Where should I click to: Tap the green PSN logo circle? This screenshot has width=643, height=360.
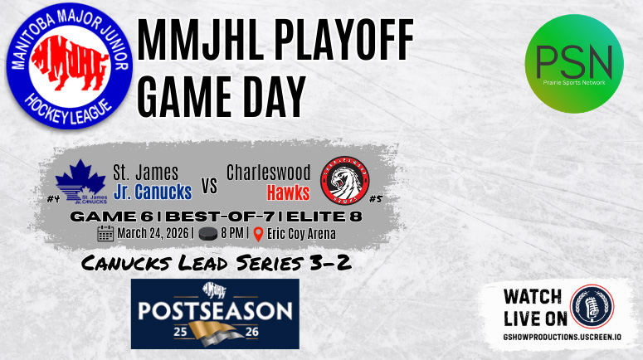coord(574,67)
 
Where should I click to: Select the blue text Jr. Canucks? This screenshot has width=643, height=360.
coord(152,192)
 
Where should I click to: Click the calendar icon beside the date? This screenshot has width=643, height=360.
coord(105,233)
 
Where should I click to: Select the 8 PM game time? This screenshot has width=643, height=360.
coord(233,233)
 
